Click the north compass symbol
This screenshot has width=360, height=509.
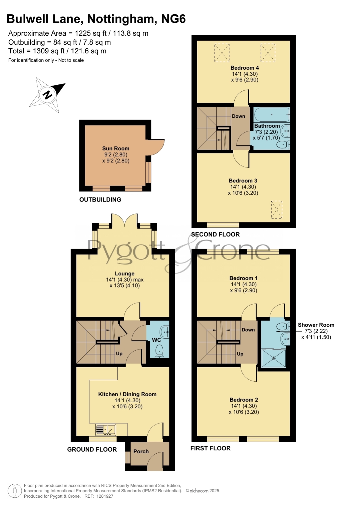(x=47, y=95)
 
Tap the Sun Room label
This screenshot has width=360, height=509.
(x=116, y=148)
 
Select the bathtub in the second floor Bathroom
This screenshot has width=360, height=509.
(x=272, y=115)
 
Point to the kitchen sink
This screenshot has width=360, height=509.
(x=106, y=430)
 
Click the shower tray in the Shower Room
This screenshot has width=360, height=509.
(x=274, y=358)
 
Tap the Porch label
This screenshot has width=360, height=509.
(x=141, y=452)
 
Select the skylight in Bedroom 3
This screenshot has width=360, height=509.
(x=276, y=209)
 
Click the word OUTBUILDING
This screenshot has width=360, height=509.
(x=100, y=200)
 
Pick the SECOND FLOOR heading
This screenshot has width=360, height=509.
(x=216, y=234)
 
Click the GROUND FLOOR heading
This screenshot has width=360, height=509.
(x=92, y=450)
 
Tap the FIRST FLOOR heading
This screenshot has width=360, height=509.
(x=211, y=448)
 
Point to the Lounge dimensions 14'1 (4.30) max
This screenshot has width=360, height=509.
(x=125, y=280)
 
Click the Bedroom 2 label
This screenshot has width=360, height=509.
(x=244, y=400)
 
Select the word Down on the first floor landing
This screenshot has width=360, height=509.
(x=248, y=330)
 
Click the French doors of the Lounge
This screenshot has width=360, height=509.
(x=124, y=221)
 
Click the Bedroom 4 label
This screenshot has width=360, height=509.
(x=245, y=68)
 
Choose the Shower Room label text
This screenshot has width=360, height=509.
(x=316, y=325)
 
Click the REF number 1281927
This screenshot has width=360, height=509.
(x=105, y=496)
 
